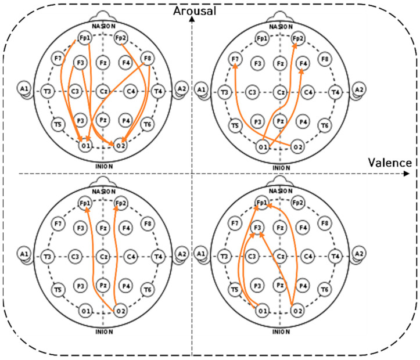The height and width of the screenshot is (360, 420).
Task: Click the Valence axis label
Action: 390,163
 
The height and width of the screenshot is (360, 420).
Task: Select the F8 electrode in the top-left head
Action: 148,59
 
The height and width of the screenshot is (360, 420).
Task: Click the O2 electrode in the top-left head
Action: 121,145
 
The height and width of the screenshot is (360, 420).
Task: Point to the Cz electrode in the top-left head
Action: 103,91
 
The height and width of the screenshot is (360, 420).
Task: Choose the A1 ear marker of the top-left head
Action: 23,88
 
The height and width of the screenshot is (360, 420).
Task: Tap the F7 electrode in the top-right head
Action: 235,59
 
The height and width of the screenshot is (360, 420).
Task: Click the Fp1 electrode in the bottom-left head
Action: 84,203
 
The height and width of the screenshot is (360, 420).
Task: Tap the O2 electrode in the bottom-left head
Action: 121,311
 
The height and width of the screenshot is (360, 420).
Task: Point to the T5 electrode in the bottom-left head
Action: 58,289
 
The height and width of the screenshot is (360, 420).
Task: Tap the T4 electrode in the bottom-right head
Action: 336,256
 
